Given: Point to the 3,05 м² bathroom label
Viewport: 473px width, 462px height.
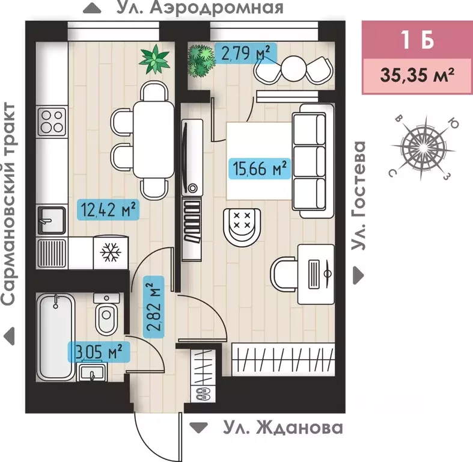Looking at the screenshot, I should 102,350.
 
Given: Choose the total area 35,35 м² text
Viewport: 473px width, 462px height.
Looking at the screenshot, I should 416,76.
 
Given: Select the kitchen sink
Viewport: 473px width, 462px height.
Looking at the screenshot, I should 51,220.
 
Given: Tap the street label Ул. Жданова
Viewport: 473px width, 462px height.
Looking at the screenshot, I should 282,428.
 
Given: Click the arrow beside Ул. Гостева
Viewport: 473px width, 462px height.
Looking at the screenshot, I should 359,275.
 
